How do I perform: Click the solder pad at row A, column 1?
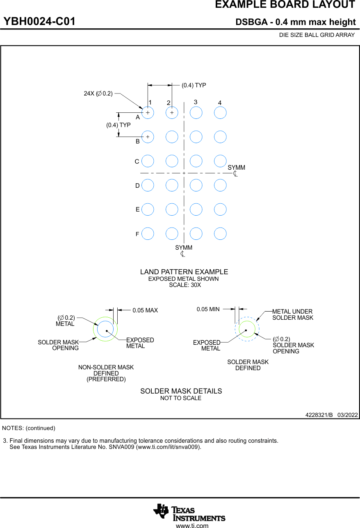coord(148,112)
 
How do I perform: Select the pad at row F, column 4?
coord(220,234)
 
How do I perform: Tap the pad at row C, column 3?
coord(196,161)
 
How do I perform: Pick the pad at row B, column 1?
coord(148,137)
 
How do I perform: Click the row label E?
coord(138,209)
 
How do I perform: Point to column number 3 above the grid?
coord(196,102)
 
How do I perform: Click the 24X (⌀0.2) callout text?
coord(98,93)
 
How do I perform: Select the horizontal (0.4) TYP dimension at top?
coord(194,85)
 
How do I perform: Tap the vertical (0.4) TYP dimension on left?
coord(118,125)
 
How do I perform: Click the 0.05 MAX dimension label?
coord(145,310)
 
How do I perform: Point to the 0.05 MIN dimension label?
coord(208,309)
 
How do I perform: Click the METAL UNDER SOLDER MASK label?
coord(292,314)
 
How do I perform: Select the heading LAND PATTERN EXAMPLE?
coord(184,272)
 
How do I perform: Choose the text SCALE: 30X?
coord(185,285)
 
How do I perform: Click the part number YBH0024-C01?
coord(40,22)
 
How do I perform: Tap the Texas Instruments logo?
coord(189,512)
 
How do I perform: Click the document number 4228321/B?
coord(319,415)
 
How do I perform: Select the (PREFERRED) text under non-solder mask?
coord(106,379)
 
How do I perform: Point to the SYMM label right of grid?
coord(236,168)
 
